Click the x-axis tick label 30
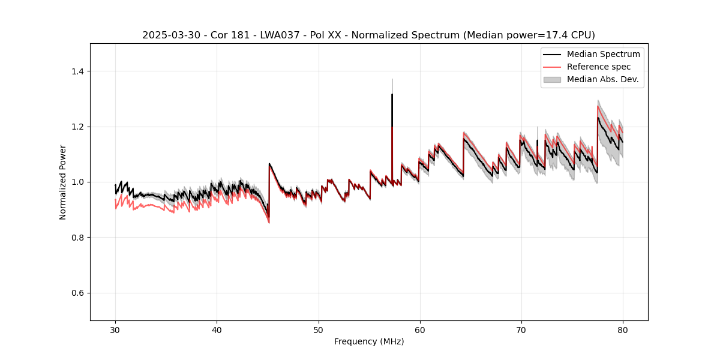tap(115, 329)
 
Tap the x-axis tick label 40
tap(217, 329)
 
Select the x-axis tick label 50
tap(318, 329)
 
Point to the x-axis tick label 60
tap(420, 329)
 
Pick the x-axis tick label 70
tap(521, 329)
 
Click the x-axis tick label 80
tap(623, 329)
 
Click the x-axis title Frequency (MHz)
tap(369, 341)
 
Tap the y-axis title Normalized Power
tap(63, 182)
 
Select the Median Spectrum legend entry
tap(603, 54)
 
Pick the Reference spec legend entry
tap(599, 67)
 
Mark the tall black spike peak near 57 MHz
tap(392, 94)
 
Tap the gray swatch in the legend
tap(552, 79)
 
